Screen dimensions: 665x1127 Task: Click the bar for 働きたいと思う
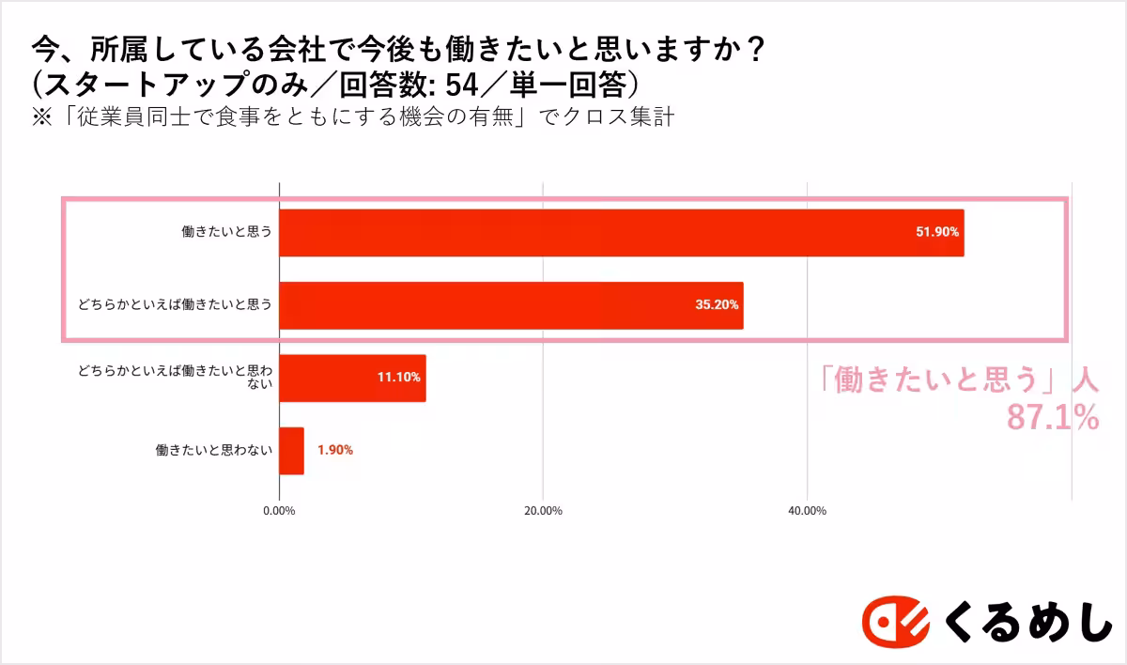point(621,233)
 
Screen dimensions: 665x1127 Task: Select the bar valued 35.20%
point(511,305)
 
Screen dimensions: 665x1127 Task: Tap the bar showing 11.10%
point(352,378)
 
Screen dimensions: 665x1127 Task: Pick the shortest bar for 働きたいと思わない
point(292,451)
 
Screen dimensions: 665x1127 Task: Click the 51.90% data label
point(937,232)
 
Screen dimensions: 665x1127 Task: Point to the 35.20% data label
point(717,305)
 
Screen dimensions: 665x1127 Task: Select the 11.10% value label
point(399,378)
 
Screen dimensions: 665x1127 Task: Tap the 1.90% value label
point(334,451)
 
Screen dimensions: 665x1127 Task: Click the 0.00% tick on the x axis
point(279,511)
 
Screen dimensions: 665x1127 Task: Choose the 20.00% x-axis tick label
point(543,511)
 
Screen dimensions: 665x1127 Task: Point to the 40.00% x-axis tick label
point(807,511)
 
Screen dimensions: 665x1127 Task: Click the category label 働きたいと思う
point(226,232)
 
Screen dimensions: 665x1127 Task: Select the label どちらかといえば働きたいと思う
point(176,305)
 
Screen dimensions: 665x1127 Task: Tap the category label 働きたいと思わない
point(214,451)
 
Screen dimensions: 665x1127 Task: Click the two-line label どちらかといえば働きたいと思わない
point(176,378)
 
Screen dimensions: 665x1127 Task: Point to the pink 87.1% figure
point(1052,417)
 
